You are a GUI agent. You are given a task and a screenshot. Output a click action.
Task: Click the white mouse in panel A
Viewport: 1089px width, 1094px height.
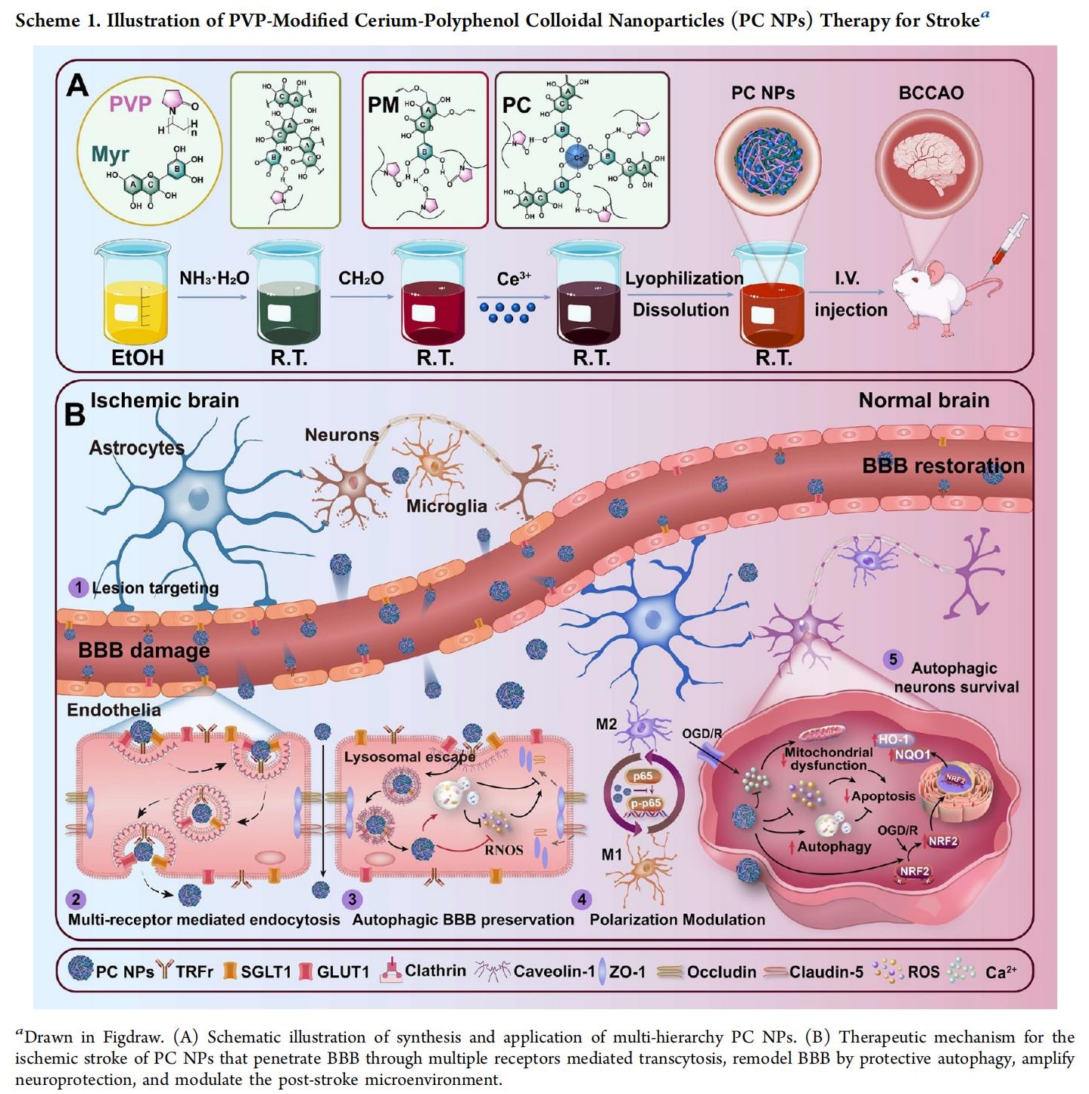pyautogui.click(x=938, y=294)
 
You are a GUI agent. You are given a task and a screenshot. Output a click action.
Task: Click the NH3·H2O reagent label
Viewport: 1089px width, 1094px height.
pyautogui.click(x=214, y=279)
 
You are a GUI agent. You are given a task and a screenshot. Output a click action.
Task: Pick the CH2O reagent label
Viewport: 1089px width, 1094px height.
pyautogui.click(x=361, y=279)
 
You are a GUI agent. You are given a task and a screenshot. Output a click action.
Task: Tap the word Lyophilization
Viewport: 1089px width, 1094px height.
pyautogui.click(x=684, y=279)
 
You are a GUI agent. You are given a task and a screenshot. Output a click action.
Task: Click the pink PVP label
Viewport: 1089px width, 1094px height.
pyautogui.click(x=130, y=104)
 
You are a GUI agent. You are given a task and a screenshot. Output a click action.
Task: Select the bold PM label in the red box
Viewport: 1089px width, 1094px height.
pyautogui.click(x=384, y=105)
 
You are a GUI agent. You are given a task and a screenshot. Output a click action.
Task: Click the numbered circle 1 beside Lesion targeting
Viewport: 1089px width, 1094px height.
pyautogui.click(x=78, y=588)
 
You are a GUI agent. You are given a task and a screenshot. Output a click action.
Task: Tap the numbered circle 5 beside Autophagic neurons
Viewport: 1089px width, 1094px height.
pyautogui.click(x=893, y=659)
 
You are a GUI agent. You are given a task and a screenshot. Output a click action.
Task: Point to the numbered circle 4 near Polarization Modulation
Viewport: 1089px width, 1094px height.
pyautogui.click(x=581, y=899)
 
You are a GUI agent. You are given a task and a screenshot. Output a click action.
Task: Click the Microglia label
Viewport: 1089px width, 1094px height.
pyautogui.click(x=446, y=506)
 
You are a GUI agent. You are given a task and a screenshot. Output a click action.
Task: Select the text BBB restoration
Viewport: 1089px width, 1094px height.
pyautogui.click(x=943, y=466)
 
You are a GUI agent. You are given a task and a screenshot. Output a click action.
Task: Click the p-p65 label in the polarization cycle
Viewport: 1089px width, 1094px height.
pyautogui.click(x=646, y=803)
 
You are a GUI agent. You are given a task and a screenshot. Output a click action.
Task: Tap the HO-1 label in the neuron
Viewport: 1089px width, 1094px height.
pyautogui.click(x=893, y=740)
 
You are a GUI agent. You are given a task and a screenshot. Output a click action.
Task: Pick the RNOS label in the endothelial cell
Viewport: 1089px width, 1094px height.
pyautogui.click(x=504, y=850)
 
